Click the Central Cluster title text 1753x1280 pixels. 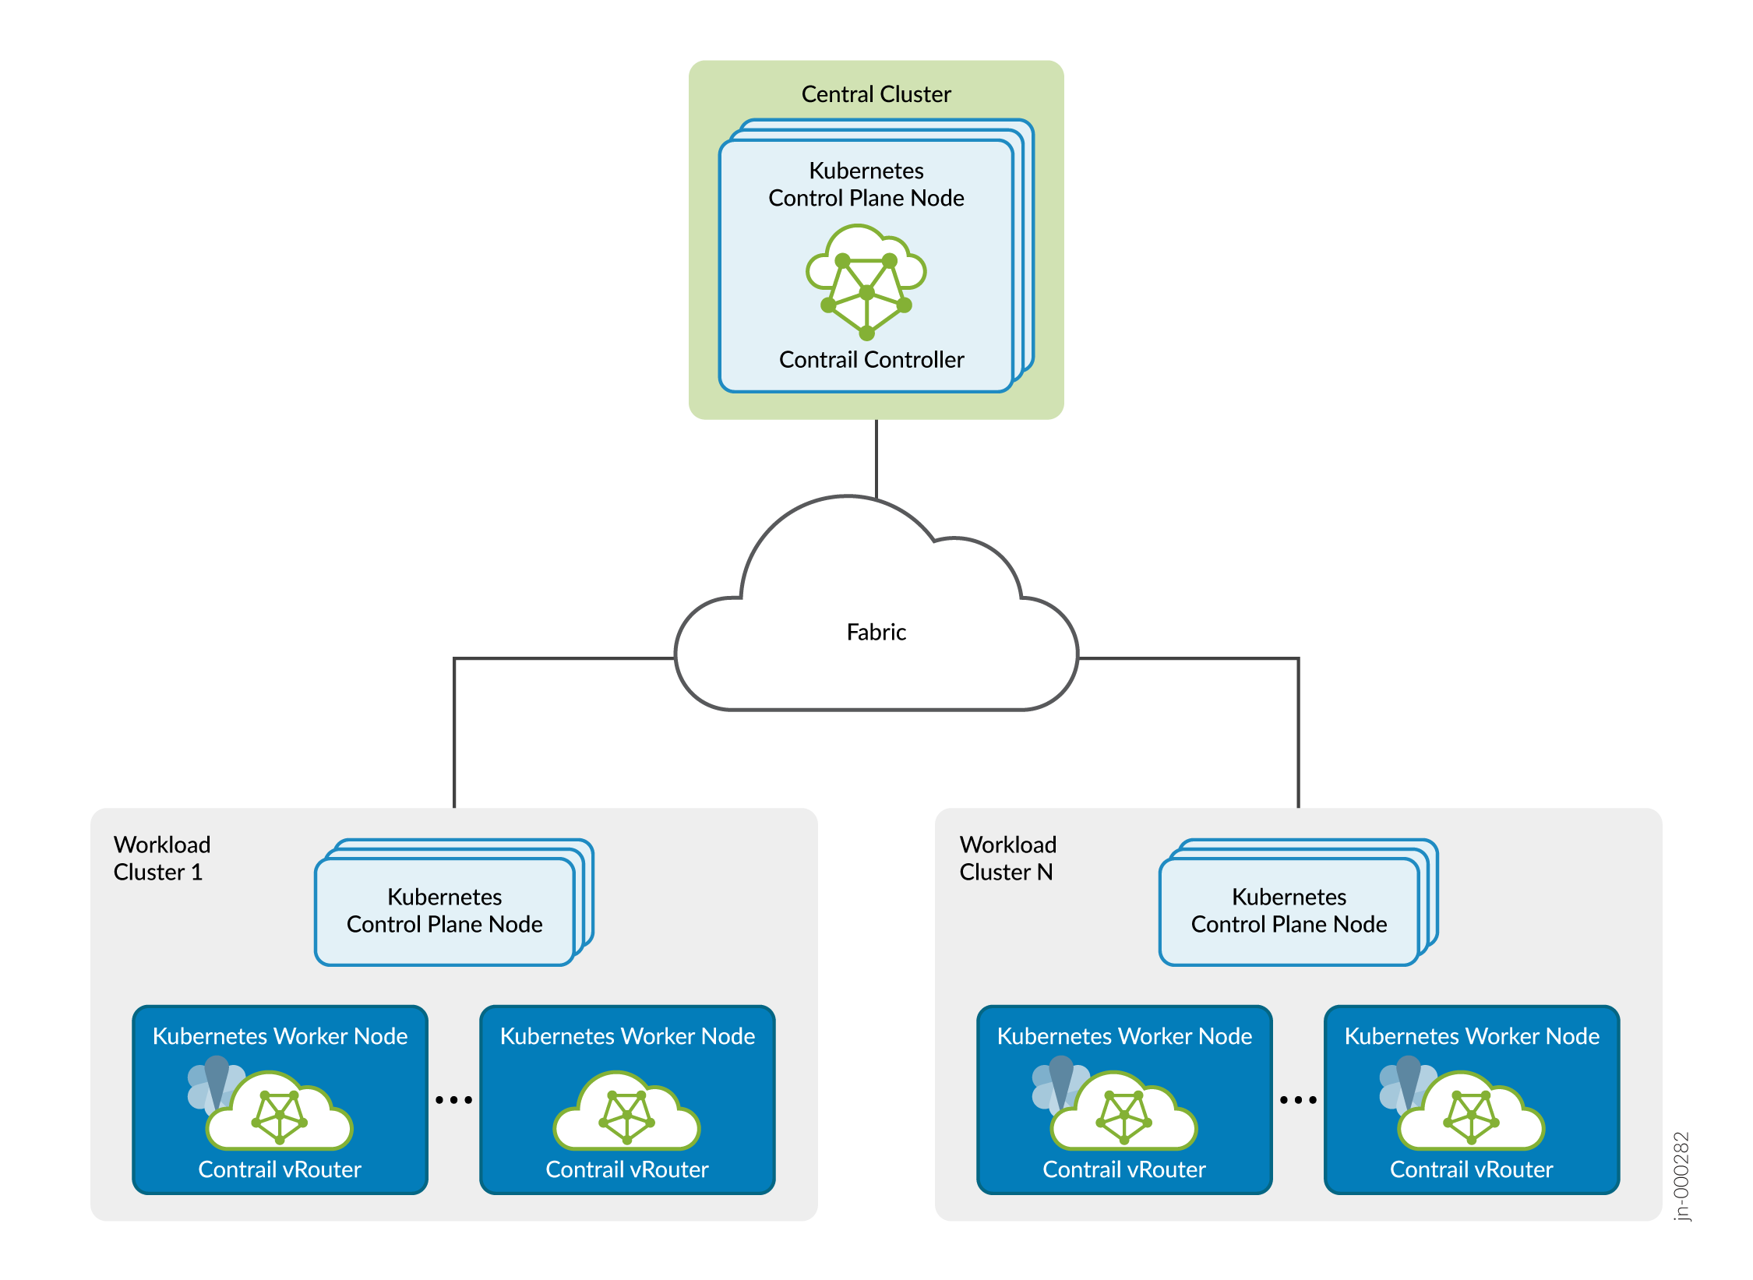pos(876,94)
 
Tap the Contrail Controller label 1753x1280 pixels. pos(871,359)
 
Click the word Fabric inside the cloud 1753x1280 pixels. pos(876,632)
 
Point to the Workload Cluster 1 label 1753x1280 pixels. pos(161,858)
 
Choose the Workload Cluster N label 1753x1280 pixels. pos(1007,858)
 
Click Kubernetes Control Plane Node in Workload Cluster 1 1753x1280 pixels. pos(444,910)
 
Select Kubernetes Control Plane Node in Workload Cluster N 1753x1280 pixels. pos(1289,910)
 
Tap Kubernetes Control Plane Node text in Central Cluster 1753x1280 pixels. pos(866,184)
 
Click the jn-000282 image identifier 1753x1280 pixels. pos(1681,1176)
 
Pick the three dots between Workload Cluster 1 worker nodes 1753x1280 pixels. pos(453,1100)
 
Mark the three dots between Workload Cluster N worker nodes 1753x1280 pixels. pos(1298,1100)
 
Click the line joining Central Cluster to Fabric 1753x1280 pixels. pos(876,458)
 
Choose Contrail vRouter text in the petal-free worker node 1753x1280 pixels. pos(626,1169)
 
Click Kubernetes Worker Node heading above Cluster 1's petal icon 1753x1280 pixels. pos(280,1036)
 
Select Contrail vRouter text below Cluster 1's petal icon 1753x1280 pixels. pos(280,1169)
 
